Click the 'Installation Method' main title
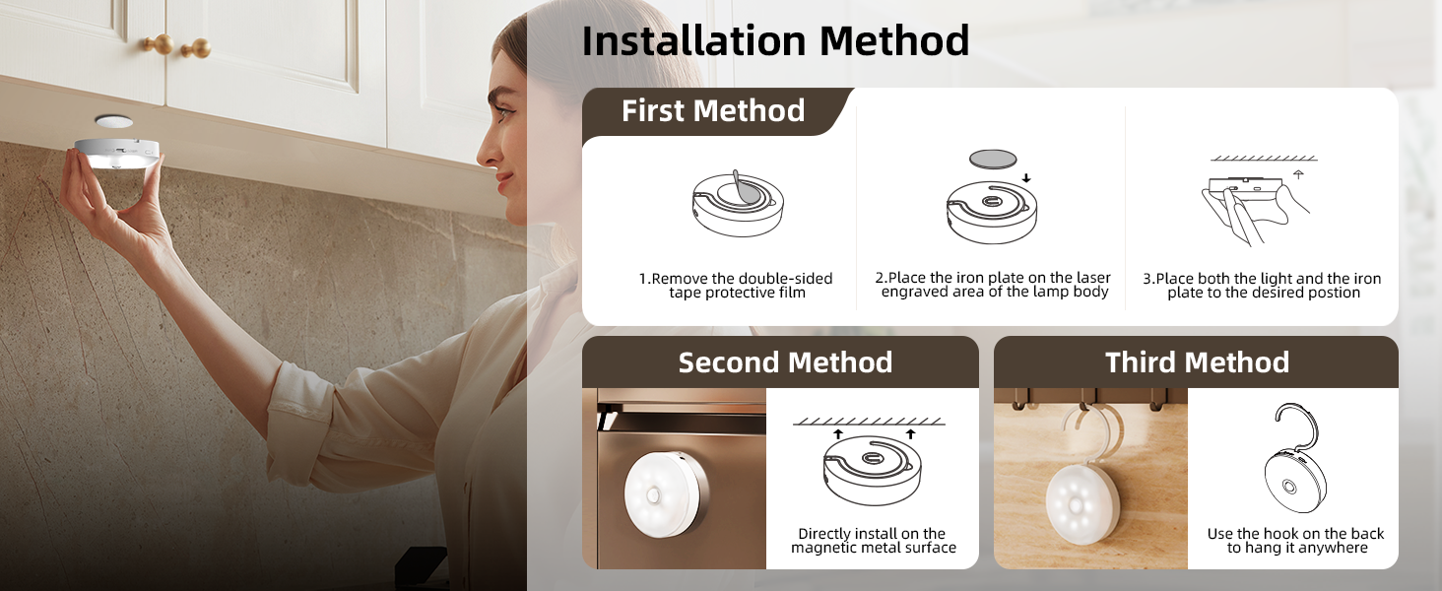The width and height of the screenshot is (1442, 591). [x=775, y=41]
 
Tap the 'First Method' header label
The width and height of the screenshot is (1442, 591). [x=713, y=111]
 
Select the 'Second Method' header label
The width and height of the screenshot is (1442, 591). [x=785, y=362]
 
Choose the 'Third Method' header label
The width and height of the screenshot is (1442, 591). [x=1197, y=362]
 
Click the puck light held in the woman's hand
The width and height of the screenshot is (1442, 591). [x=116, y=150]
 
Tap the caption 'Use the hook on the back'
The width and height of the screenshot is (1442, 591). [x=1295, y=534]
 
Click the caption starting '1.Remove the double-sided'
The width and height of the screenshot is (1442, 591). [x=736, y=279]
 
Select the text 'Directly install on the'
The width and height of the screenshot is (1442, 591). [x=872, y=534]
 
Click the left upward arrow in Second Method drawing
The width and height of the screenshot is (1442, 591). [x=837, y=432]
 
